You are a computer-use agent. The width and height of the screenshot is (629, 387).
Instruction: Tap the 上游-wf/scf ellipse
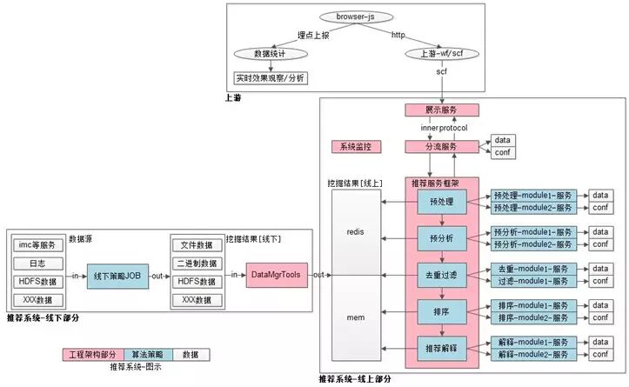(x=440, y=54)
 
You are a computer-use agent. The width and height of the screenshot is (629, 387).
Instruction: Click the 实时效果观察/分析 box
(x=271, y=78)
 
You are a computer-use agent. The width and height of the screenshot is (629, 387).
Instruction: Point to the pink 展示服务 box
(x=442, y=110)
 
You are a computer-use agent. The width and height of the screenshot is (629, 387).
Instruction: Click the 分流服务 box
(x=442, y=147)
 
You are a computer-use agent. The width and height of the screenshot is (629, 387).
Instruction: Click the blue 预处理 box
(x=441, y=202)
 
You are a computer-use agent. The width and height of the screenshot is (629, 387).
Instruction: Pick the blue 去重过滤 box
(x=441, y=275)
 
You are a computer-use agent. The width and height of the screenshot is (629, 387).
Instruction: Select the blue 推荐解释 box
(x=441, y=347)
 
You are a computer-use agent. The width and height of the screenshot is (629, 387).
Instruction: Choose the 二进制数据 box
(x=197, y=264)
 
